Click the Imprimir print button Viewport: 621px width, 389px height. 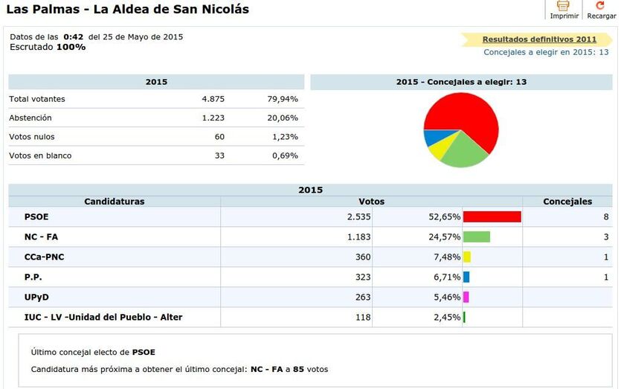(564, 10)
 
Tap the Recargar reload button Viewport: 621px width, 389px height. (601, 10)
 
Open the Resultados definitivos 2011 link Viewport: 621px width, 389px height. (539, 39)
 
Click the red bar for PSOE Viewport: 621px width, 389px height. (492, 217)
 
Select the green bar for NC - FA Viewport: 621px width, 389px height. (476, 237)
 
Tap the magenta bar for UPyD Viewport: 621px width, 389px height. (466, 298)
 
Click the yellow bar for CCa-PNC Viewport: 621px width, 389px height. (466, 257)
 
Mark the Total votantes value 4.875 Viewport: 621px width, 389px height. (213, 99)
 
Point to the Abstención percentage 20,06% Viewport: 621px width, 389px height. (283, 118)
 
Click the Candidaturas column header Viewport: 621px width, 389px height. (115, 202)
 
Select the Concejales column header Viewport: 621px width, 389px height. (567, 202)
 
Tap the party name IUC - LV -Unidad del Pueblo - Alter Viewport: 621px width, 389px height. (103, 318)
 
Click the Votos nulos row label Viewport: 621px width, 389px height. (32, 137)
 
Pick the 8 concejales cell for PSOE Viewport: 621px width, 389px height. (606, 217)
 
